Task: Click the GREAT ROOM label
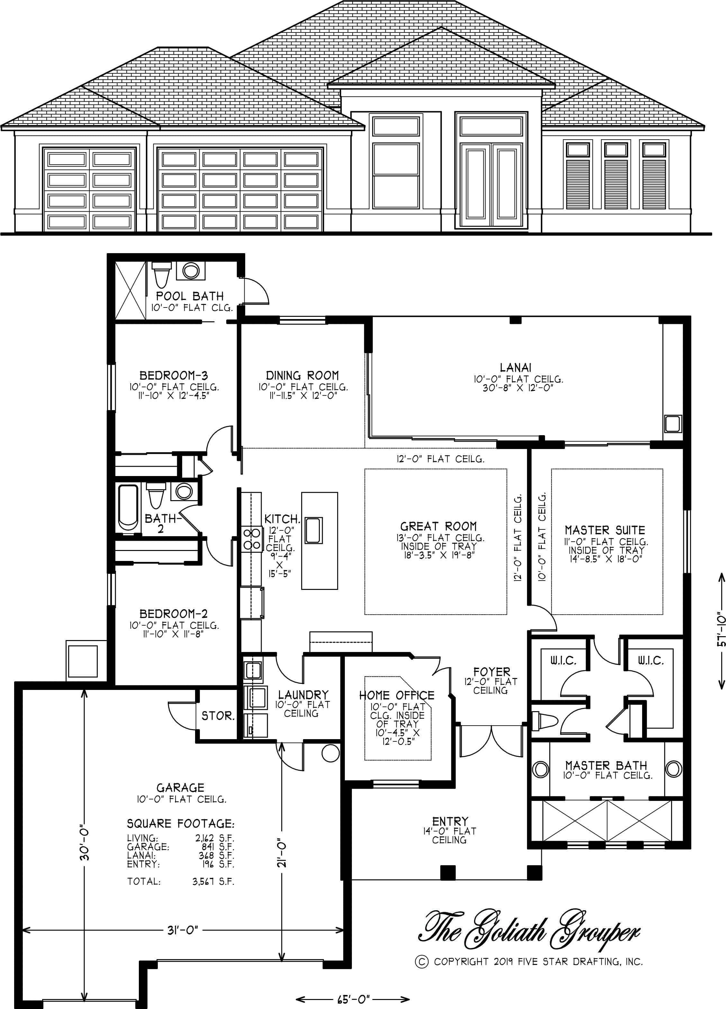438,526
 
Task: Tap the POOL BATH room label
190,296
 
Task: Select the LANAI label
516,367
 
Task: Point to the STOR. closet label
218,716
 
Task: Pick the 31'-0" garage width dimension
183,930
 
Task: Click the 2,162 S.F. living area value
215,838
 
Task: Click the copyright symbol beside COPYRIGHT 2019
421,962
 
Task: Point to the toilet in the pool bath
160,274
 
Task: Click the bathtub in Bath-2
128,508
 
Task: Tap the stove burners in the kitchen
251,539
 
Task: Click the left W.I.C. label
563,660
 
